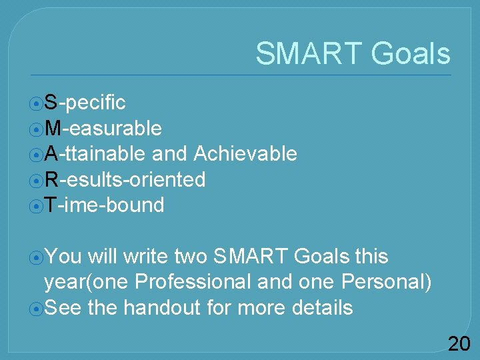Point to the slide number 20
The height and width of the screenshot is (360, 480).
point(459,344)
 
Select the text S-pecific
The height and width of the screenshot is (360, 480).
point(85,103)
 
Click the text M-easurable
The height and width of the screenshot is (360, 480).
point(103,128)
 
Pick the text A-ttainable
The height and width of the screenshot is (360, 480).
point(95,154)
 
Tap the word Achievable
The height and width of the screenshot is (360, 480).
point(245,154)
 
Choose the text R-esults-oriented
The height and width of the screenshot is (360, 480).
point(125,179)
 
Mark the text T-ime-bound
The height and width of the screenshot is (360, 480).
point(104,205)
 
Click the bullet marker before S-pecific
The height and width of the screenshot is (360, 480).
point(36,103)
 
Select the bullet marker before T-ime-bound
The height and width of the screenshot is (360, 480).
point(36,206)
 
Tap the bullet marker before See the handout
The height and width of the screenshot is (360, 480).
point(36,309)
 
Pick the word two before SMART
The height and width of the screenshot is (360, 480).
point(191,257)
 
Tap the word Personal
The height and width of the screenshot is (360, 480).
point(383,282)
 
